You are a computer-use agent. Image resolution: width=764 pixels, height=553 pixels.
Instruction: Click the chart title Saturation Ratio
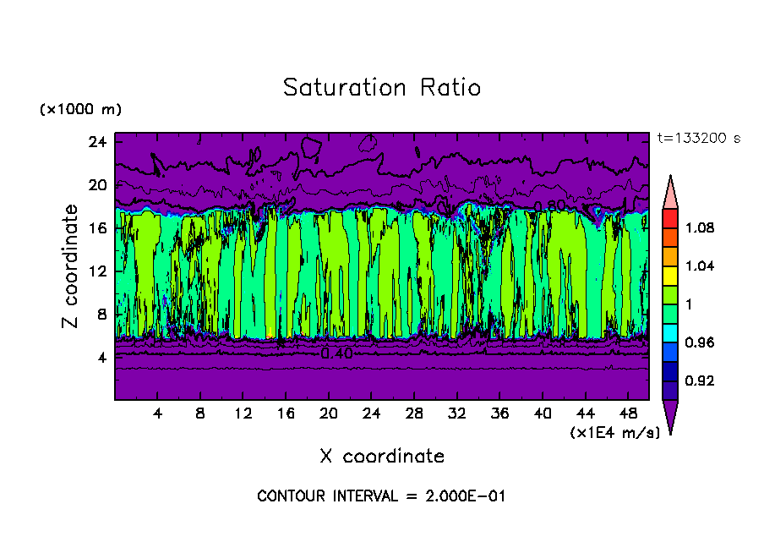click(381, 88)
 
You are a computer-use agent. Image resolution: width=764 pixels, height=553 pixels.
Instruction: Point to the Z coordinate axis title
click(71, 266)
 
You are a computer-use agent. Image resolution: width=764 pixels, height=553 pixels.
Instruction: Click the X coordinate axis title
click(382, 457)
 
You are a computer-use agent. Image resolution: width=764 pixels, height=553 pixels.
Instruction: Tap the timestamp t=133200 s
click(698, 139)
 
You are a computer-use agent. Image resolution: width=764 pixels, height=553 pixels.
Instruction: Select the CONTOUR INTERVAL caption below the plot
click(381, 496)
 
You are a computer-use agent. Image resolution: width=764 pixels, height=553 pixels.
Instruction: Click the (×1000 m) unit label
click(80, 110)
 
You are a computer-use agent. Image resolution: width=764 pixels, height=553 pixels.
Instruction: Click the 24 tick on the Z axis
click(96, 142)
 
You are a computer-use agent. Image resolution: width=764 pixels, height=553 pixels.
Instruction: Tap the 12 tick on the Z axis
click(96, 271)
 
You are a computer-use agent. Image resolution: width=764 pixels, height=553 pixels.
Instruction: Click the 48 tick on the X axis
click(629, 414)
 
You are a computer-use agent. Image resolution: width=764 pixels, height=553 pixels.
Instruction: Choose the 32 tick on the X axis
click(457, 414)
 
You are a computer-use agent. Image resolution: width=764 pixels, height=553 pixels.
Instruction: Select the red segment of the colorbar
click(669, 217)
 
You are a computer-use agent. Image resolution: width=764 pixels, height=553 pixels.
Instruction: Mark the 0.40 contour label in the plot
click(336, 353)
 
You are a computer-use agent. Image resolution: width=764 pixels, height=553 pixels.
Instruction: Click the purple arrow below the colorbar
click(669, 415)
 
